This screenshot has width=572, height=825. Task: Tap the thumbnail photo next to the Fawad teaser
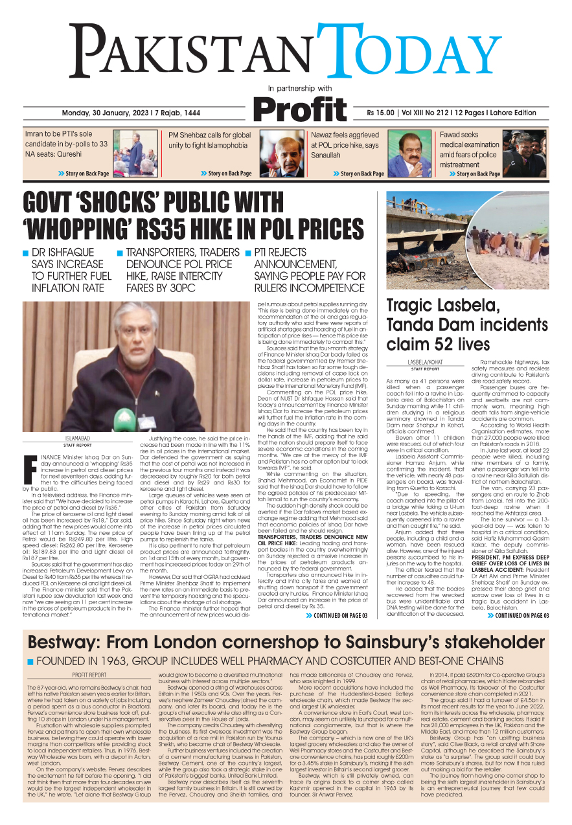[x=524, y=153]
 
